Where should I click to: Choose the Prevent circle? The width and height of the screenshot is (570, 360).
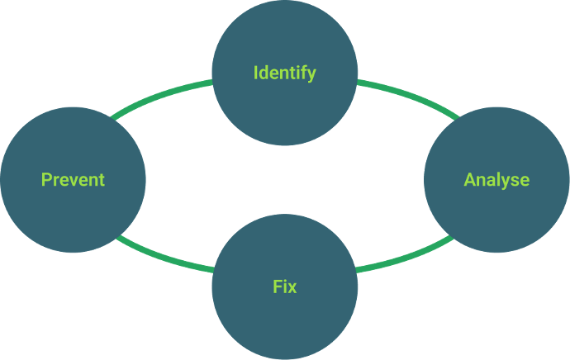[x=73, y=211]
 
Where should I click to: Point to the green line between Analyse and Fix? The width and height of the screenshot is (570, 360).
[x=405, y=259]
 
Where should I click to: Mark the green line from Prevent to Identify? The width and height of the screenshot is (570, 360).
[x=162, y=96]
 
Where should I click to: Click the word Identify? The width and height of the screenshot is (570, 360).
[x=284, y=73]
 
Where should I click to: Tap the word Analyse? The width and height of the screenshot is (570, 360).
[x=496, y=180]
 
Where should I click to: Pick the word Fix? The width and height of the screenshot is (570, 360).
[x=284, y=287]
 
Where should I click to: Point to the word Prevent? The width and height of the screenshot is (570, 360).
[x=73, y=179]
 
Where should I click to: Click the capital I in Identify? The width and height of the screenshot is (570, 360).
[x=255, y=73]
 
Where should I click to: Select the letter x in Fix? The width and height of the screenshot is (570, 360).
[x=292, y=288]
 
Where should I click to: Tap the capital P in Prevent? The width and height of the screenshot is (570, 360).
[x=46, y=179]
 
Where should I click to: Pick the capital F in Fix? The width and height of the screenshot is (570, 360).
[x=277, y=287]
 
